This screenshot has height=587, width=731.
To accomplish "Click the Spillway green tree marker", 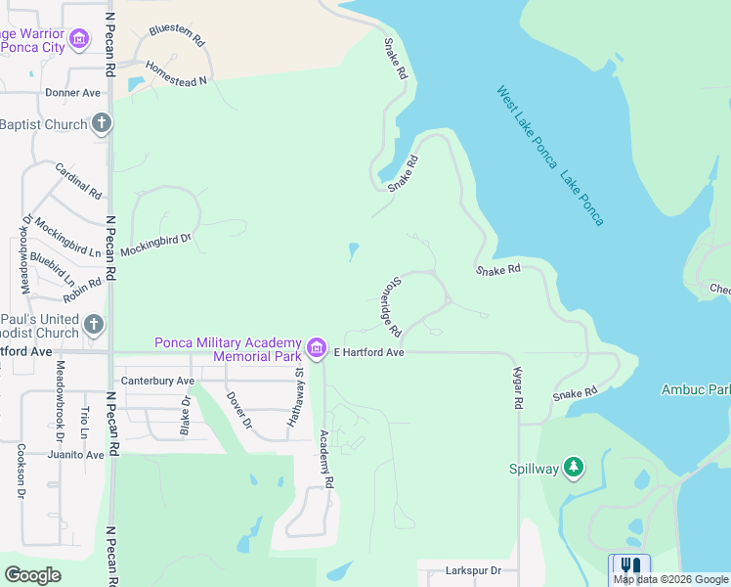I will point(574,469).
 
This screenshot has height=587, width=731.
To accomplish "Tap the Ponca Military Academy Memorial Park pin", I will point(316,347).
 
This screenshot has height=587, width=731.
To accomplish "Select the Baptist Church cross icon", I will point(102,124).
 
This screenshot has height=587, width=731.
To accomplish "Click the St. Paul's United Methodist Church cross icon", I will point(94,325).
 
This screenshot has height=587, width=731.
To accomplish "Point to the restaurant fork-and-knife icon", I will point(629,568).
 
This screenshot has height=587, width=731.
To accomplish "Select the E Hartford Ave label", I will point(368,352).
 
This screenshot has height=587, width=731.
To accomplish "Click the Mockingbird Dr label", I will point(156,244).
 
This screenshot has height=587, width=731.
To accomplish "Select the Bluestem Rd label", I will point(176,36).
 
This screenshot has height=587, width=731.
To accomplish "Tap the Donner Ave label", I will point(73,93).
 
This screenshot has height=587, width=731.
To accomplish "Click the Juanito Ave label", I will point(74,455).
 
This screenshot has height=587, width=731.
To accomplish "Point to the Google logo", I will point(32,575).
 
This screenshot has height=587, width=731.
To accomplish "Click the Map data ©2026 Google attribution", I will point(671,579).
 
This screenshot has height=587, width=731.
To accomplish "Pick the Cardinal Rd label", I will point(78,181).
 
